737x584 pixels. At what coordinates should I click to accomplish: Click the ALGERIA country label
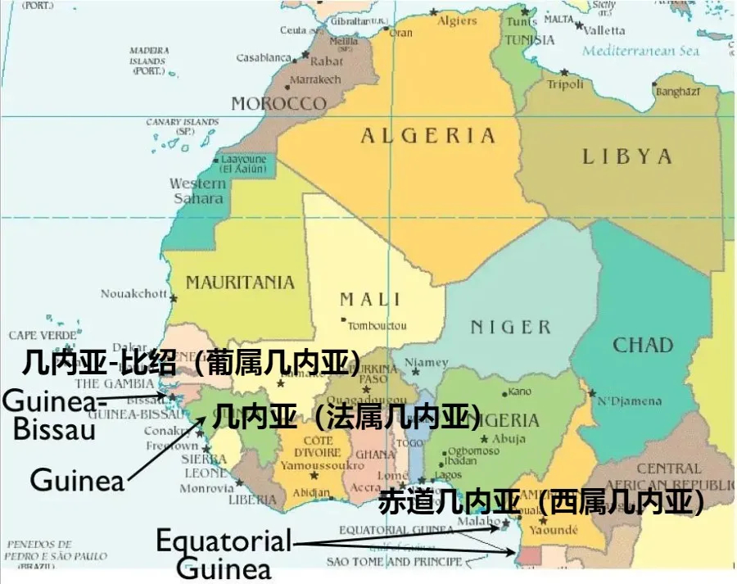coord(428,136)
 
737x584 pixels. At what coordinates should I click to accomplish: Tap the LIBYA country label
coord(627,156)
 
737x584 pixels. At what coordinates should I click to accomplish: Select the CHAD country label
coord(643,345)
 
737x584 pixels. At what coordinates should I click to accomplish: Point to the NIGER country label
coord(510,328)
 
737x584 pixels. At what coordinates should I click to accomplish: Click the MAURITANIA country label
coord(240,283)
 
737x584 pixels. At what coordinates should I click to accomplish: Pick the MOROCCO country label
coord(278,104)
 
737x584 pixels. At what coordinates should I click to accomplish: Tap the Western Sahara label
coord(197,190)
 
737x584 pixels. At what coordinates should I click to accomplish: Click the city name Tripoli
coord(565,84)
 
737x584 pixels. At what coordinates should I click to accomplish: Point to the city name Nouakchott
coord(133,293)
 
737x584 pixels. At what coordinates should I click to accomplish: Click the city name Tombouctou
coord(377,325)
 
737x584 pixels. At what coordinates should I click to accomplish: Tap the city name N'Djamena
coord(629,401)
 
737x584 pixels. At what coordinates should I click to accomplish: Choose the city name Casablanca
coord(264,58)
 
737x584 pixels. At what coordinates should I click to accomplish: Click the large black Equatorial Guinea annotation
coord(224,555)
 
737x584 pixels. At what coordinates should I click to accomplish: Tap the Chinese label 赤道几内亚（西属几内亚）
coord(541,501)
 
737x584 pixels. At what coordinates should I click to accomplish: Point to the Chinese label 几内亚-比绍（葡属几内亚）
coord(192,361)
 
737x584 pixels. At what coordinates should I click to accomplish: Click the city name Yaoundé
coord(558,529)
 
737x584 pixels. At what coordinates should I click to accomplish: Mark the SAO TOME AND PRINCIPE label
coord(394,562)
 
